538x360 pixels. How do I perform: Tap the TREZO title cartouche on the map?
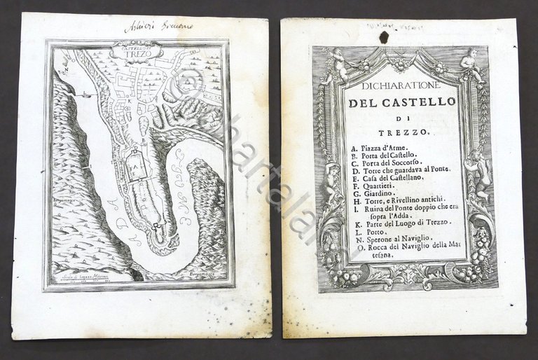[x=137, y=50]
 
